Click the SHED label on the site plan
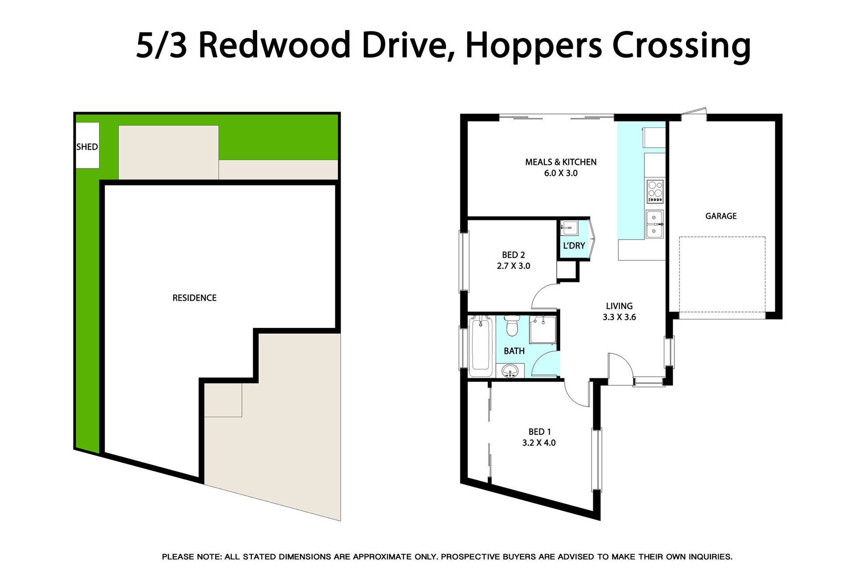pos(87,147)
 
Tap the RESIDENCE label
pos(195,298)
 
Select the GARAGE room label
pos(721,216)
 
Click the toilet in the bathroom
pos(512,325)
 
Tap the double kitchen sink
pos(655,224)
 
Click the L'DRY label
pos(574,245)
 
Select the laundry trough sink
pos(570,227)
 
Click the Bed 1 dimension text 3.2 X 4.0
pos(539,442)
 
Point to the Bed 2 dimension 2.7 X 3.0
pos(513,266)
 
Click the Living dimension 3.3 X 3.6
pos(620,317)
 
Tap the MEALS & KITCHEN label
pos(561,162)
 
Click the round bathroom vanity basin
pos(510,370)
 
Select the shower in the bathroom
pos(543,329)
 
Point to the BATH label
pos(514,351)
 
